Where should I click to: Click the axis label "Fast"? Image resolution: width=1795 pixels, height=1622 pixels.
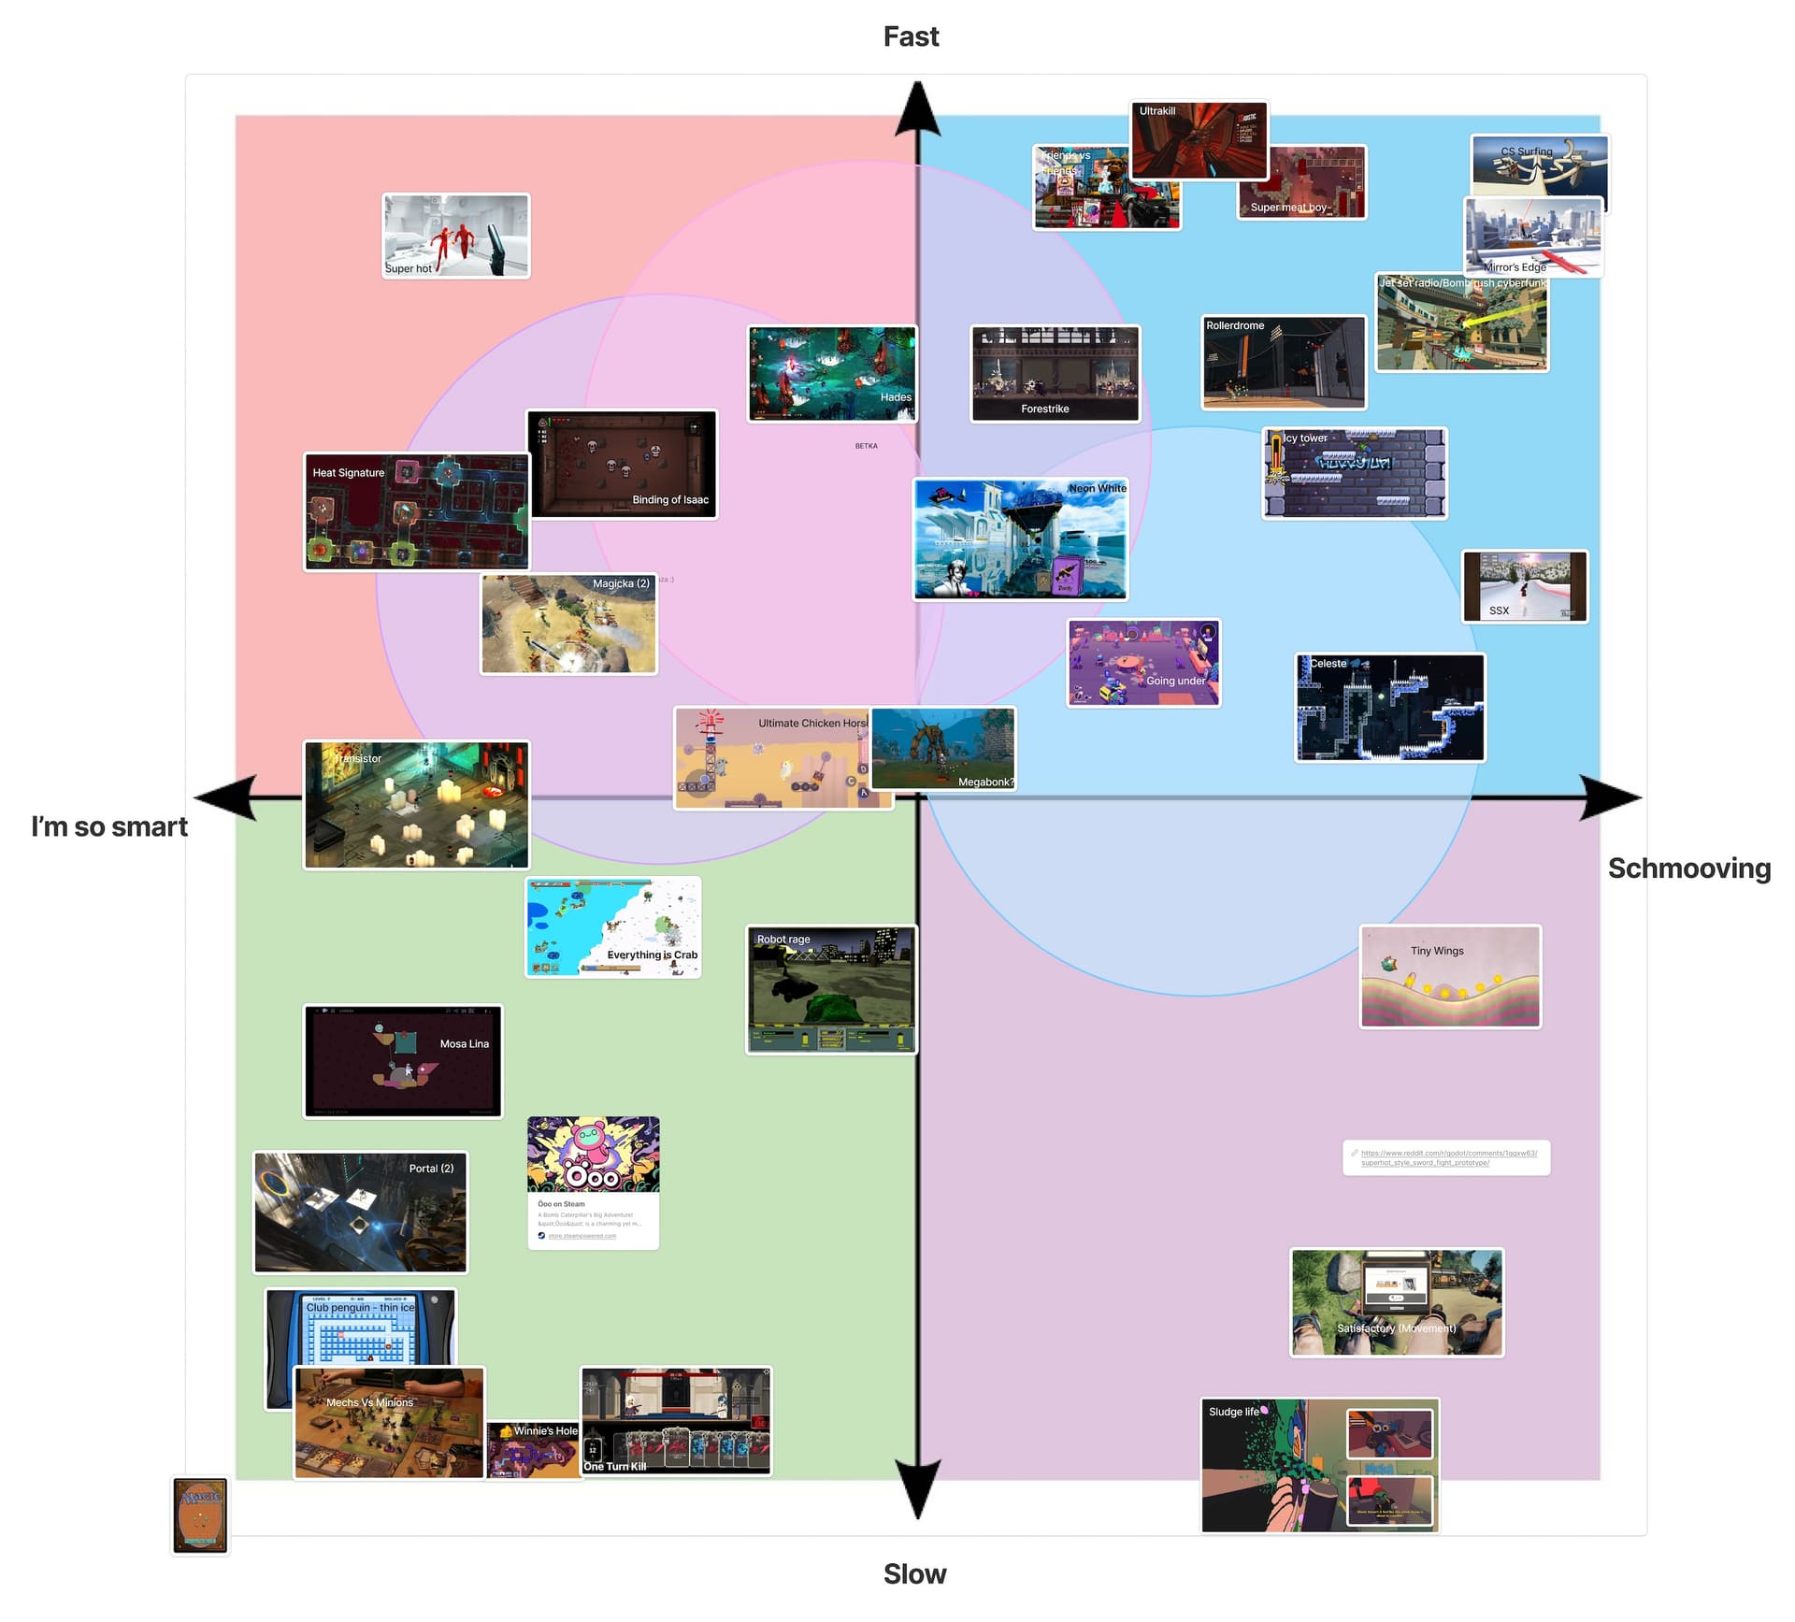pos(911,36)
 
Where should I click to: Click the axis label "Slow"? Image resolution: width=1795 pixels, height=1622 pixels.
pos(914,1574)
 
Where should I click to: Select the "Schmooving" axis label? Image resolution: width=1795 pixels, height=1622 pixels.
pos(1688,868)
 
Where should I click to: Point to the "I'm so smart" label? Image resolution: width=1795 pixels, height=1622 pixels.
pos(109,827)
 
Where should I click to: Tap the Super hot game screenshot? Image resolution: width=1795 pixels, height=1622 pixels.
pos(456,236)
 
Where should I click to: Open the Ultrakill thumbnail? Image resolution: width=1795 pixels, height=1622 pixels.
pos(1199,140)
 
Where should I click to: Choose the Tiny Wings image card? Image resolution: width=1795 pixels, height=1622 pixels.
pos(1450,977)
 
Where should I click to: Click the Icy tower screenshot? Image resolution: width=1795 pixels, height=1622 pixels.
pos(1354,473)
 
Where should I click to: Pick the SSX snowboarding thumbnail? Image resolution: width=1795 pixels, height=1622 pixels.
pos(1525,586)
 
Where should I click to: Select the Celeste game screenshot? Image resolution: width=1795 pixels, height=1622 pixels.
pos(1389,708)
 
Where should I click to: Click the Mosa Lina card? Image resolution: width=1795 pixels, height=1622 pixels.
pos(403,1061)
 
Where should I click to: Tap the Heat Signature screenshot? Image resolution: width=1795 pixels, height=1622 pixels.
pos(416,512)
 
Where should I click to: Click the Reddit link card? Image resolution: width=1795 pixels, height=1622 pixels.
pos(1446,1157)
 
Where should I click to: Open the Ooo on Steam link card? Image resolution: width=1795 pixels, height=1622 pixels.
pos(593,1183)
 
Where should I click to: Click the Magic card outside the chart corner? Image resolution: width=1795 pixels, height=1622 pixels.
pos(200,1515)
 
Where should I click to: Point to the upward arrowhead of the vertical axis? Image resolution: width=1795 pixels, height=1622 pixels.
pos(918,108)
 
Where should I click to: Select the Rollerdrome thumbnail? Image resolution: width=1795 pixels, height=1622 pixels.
pos(1284,363)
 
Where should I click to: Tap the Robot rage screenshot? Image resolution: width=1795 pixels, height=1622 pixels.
pos(831,990)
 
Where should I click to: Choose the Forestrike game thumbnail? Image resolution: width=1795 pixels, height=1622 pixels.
pos(1055,374)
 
